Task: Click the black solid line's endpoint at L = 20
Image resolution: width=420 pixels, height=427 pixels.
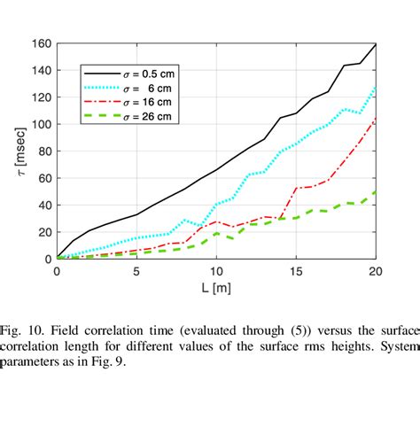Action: [x=376, y=43]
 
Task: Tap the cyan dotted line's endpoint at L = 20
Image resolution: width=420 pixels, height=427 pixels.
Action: [x=376, y=88]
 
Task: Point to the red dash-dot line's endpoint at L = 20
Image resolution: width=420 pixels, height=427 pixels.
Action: [x=376, y=118]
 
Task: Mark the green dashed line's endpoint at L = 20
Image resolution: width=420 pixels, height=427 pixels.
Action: [x=376, y=191]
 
